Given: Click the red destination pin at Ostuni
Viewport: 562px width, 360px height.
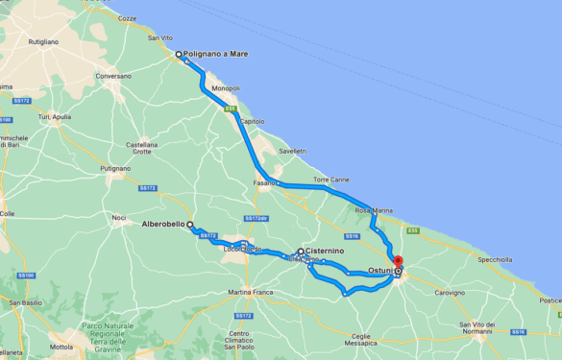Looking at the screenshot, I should [x=398, y=261].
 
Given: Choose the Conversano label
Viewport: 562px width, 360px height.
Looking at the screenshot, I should [x=113, y=76].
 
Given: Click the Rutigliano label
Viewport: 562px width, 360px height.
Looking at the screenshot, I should [x=43, y=42].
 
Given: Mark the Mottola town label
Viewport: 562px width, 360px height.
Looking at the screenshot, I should [x=61, y=347].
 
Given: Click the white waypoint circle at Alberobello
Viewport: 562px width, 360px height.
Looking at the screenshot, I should [x=190, y=225].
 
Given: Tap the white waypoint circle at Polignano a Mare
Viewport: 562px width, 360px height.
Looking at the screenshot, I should [x=178, y=55].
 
